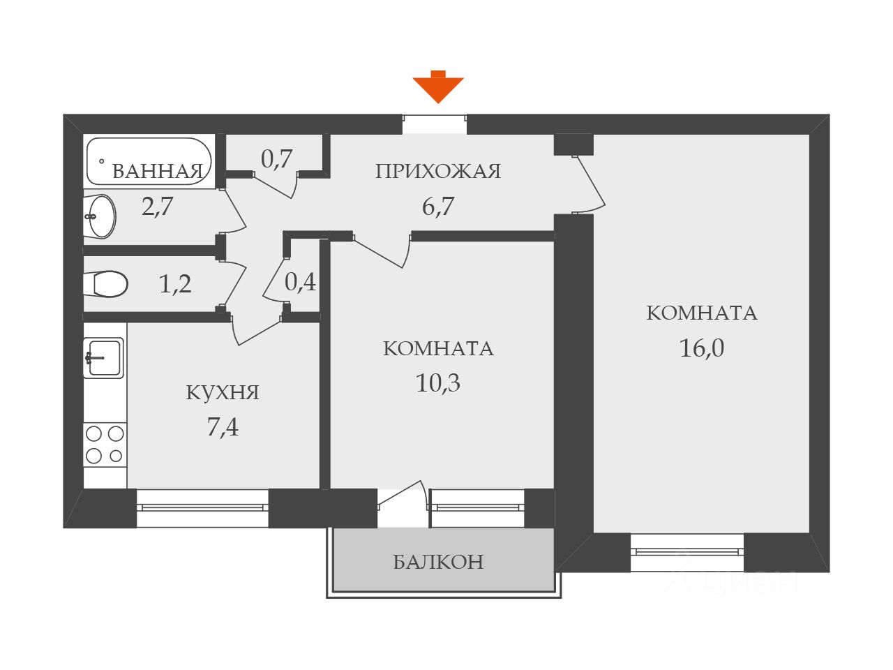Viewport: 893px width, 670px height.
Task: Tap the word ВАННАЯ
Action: point(158,171)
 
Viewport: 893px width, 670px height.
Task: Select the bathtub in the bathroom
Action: point(148,161)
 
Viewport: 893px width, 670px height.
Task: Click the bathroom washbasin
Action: point(102,216)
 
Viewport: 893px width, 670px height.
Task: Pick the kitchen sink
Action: point(104,358)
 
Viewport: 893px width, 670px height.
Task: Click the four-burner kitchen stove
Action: point(105,445)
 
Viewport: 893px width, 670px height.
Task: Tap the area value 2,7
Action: point(158,207)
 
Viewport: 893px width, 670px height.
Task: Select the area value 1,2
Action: point(175,284)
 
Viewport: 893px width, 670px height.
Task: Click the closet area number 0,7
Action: point(276,159)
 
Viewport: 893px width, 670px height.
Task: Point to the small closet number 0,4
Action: point(300,282)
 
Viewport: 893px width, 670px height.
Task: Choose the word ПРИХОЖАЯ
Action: point(438,171)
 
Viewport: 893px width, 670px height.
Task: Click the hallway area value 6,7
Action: point(438,207)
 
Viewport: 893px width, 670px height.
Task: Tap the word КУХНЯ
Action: point(223,392)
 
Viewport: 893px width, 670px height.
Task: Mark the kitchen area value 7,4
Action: point(223,426)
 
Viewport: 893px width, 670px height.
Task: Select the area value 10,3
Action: point(438,383)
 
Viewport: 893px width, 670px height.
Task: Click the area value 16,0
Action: point(702,348)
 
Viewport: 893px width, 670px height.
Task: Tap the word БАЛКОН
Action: point(438,562)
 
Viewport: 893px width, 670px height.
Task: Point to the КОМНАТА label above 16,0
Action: point(702,313)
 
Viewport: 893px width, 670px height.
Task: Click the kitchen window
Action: point(202,507)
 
